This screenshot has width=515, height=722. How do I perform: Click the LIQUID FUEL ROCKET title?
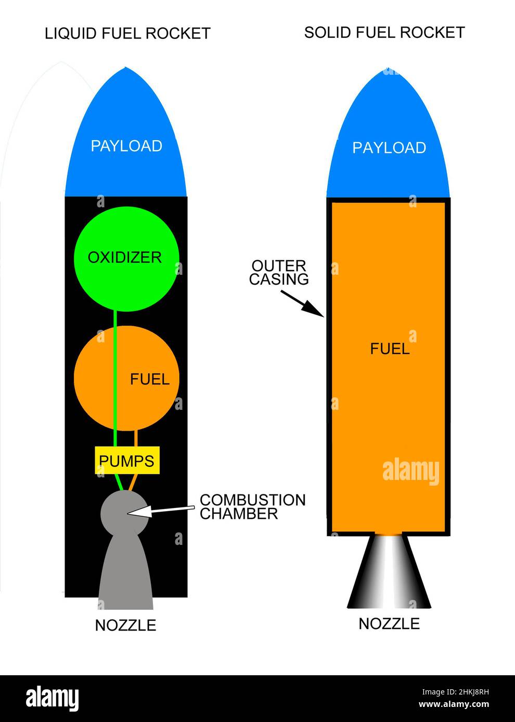pos(127,34)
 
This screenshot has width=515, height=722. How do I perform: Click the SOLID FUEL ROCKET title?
pos(384,33)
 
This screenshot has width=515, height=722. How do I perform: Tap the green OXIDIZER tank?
pos(126,258)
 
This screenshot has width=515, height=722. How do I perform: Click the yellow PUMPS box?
pos(126,460)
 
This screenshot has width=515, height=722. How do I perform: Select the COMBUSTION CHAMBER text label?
pos(252,507)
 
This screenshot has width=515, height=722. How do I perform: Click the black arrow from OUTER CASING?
pos(302,303)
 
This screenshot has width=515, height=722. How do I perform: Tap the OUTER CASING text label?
pos(279,273)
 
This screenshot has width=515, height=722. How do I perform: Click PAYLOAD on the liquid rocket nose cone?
pos(126,146)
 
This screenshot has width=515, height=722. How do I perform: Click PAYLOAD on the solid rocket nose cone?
pos(389,148)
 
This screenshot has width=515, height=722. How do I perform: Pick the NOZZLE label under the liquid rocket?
pos(125,625)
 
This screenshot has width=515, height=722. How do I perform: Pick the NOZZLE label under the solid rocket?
pos(389,623)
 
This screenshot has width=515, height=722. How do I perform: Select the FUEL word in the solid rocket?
pos(390,349)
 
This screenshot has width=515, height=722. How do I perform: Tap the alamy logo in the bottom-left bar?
pos(53,699)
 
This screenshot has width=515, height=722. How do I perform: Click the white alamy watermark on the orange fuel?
pos(410,471)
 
